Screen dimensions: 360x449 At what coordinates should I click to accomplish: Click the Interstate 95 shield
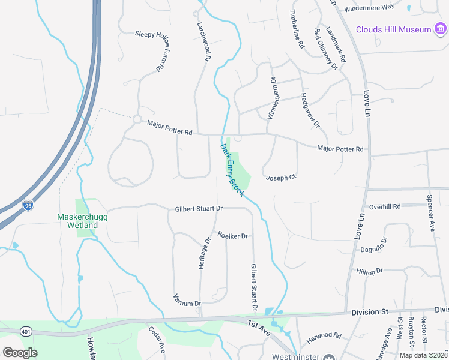[28, 205]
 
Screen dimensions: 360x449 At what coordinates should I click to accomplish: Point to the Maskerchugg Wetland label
[77, 220]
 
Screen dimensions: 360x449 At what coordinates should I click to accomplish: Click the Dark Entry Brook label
[232, 170]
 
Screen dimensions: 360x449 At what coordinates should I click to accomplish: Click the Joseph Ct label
[281, 178]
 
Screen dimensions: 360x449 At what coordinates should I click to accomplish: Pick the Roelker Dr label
[233, 236]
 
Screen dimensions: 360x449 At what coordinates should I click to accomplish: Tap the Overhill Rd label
[385, 206]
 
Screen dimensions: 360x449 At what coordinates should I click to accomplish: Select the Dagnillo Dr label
[375, 245]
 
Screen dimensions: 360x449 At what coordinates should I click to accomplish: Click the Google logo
[20, 352]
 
